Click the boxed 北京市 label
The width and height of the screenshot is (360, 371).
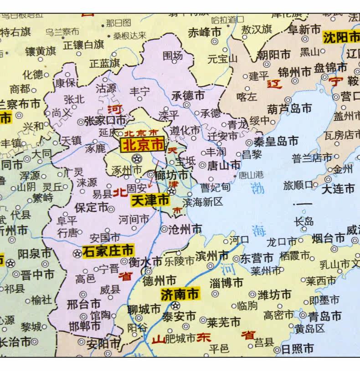click(142, 145)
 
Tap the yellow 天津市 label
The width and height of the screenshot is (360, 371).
click(150, 200)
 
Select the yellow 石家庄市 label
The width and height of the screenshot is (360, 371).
click(108, 250)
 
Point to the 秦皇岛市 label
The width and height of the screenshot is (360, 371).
click(276, 140)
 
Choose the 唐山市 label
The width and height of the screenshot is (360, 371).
click(224, 164)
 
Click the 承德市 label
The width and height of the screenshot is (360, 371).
click(188, 96)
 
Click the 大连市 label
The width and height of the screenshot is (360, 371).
click(338, 188)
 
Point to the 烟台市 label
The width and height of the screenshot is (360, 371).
click(328, 238)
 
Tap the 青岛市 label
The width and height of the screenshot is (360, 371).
click(324, 315)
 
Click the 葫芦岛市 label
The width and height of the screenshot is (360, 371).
click(290, 108)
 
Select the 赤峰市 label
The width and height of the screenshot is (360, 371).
click(204, 33)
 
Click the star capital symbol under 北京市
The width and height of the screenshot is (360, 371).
click(136, 159)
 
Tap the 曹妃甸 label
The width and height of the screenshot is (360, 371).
click(216, 187)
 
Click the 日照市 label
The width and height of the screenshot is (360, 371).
click(297, 349)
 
